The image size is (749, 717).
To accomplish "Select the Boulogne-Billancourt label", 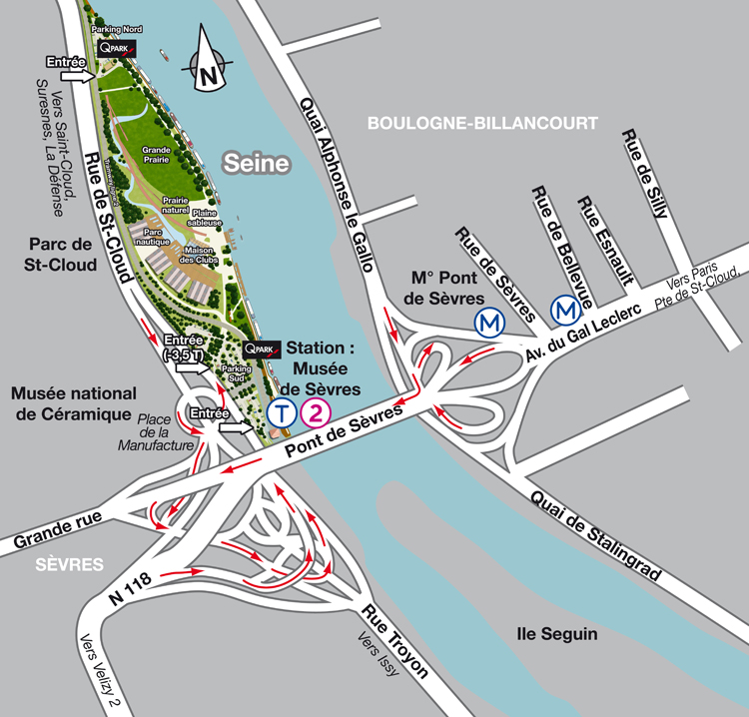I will [482, 123].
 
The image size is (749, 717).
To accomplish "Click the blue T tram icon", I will [283, 412].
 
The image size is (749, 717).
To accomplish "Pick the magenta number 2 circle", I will [316, 412].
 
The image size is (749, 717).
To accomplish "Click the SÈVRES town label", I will [70, 564].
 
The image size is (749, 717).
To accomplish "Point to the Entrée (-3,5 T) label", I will [183, 348].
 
